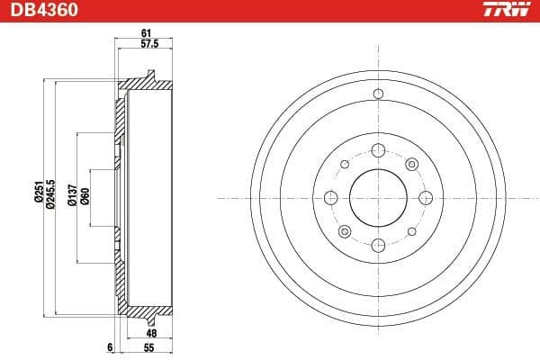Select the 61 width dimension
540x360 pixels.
pyautogui.click(x=144, y=34)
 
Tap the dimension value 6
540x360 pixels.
pyautogui.click(x=108, y=346)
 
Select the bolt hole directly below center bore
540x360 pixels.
pyautogui.click(x=377, y=244)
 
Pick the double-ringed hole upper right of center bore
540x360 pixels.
pyautogui.click(x=410, y=164)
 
